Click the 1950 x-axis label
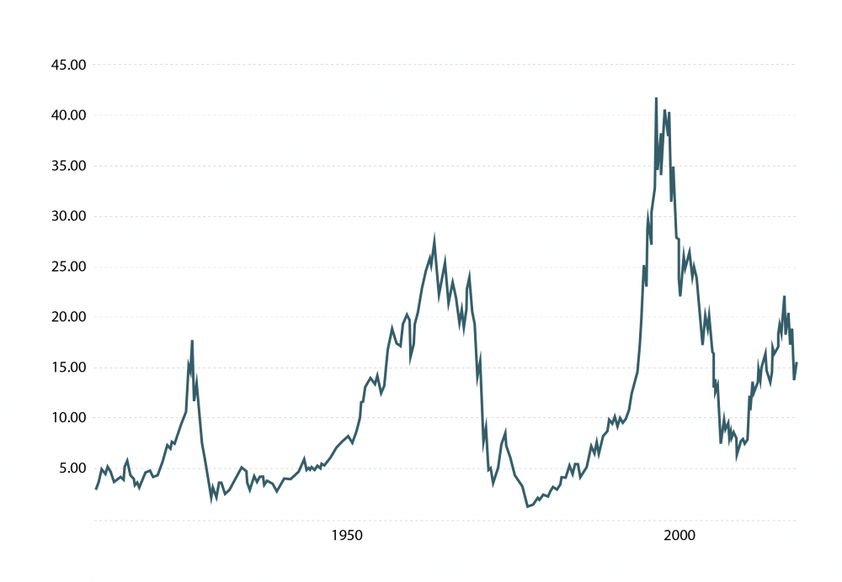point(346,536)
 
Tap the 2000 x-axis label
point(679,536)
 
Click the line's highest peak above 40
point(656,99)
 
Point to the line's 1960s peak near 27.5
point(434,240)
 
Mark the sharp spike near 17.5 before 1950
point(192,341)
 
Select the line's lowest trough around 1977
point(527,506)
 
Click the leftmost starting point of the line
point(96,489)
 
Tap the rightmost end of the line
point(796,363)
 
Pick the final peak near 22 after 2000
point(784,297)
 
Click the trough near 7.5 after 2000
point(721,442)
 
